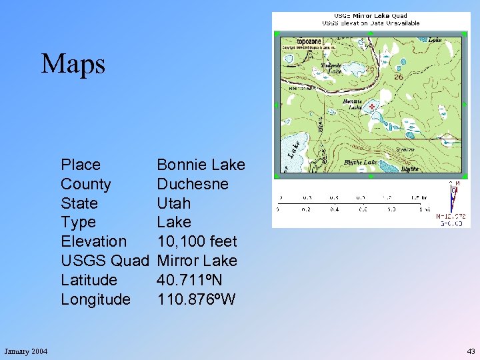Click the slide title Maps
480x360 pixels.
(x=73, y=64)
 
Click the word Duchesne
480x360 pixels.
(x=193, y=184)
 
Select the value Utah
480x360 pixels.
(x=174, y=203)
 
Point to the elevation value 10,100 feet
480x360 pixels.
(x=197, y=241)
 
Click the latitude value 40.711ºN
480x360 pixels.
(x=189, y=280)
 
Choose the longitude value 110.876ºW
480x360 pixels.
(x=196, y=299)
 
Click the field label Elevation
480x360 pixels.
(x=93, y=241)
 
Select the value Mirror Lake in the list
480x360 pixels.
(x=197, y=261)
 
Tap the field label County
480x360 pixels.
(x=85, y=184)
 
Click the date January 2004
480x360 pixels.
(x=25, y=351)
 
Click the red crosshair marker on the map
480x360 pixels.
(x=371, y=105)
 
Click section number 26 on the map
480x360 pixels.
(x=399, y=77)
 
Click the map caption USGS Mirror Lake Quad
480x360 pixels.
(x=371, y=15)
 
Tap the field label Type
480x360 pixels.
(x=78, y=222)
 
